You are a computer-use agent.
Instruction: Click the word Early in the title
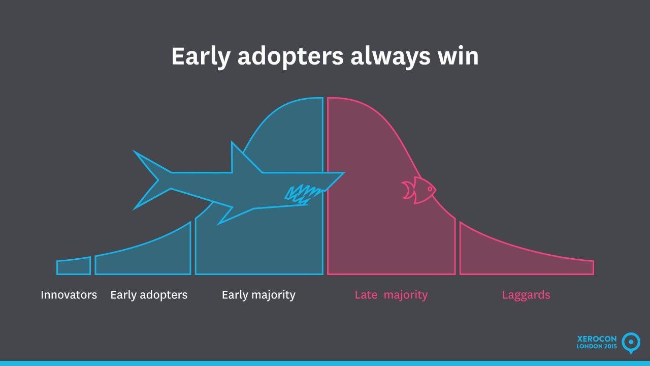point(201,56)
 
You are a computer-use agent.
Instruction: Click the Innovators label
point(69,295)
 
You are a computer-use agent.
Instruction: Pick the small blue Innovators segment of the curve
point(74,266)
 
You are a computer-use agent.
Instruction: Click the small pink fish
point(419,190)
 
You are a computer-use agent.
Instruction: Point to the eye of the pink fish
point(430,190)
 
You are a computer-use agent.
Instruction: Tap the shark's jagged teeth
point(303,195)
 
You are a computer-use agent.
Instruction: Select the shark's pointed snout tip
point(344,172)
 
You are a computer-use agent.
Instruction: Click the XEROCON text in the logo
point(597,339)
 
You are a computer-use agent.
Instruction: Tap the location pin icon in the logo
point(631,343)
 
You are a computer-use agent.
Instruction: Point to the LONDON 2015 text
point(597,346)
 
